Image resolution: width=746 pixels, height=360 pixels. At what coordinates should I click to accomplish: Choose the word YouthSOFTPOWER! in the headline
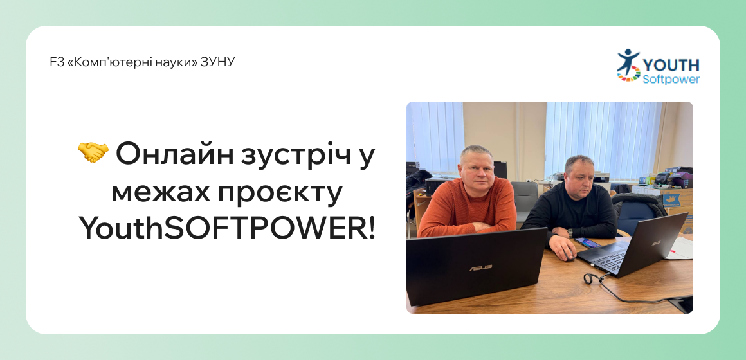[227, 229]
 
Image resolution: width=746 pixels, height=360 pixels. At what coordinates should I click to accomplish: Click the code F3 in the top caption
[55, 62]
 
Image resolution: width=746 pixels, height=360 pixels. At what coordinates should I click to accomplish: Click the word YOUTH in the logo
[671, 65]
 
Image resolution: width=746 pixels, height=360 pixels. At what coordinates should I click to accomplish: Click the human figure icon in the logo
[628, 62]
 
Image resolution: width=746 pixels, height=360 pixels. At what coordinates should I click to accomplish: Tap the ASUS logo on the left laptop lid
[480, 267]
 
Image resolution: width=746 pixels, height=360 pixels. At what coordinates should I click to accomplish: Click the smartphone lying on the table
[590, 243]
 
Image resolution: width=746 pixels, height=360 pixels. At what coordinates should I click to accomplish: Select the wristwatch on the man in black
[570, 233]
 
